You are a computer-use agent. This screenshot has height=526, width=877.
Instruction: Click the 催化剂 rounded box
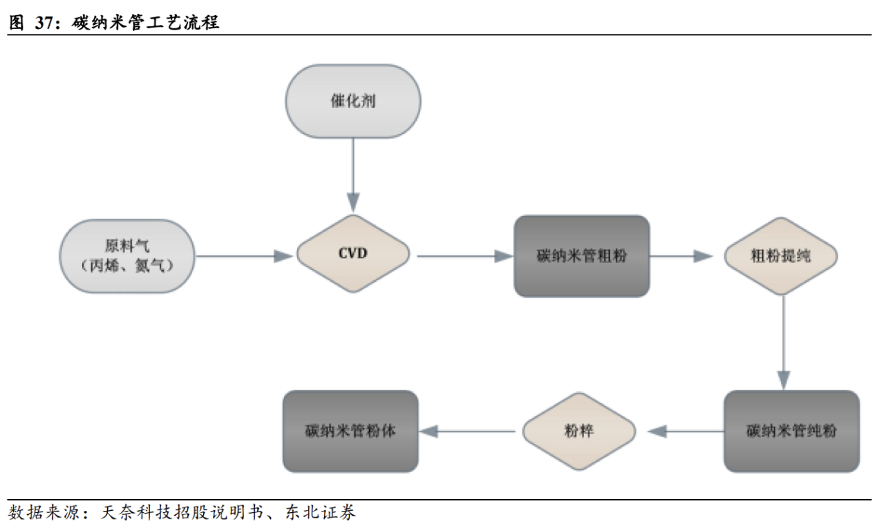click(352, 101)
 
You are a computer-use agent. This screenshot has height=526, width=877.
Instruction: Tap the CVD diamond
click(352, 254)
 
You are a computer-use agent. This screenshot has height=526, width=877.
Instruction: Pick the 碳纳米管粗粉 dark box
click(581, 256)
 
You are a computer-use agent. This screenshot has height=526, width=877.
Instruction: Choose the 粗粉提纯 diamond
click(781, 256)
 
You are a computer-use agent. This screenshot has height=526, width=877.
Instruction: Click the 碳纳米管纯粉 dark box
click(791, 431)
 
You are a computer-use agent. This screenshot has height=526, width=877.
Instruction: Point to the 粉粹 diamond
click(578, 431)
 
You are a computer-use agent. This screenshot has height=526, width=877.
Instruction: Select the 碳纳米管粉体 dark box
click(350, 431)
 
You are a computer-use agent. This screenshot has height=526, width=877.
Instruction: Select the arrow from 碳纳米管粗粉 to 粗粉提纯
click(681, 256)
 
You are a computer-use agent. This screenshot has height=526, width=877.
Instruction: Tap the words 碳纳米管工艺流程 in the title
click(145, 22)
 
